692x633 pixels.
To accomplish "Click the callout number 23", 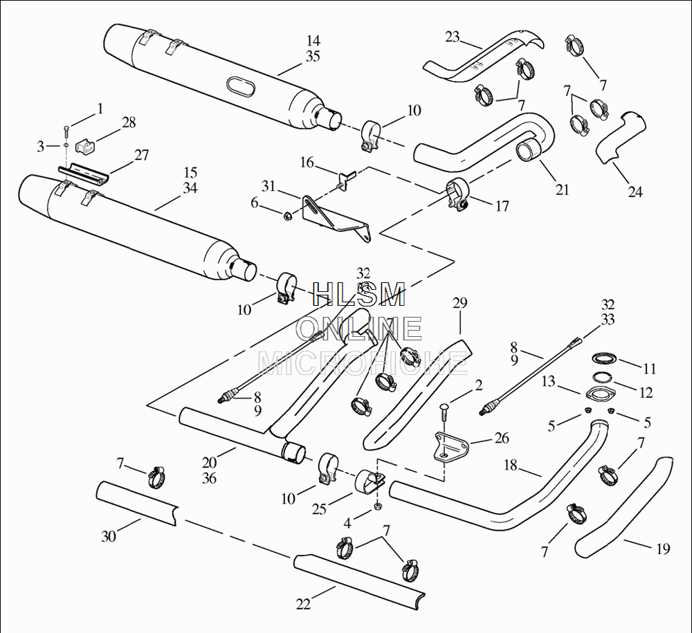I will point(453,37).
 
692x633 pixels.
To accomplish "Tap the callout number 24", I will point(635,192).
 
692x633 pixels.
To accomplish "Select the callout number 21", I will point(562,189).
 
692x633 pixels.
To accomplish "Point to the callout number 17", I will point(502,205).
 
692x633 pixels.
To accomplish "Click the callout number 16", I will point(307,163).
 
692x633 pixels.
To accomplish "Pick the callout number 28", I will point(129,122).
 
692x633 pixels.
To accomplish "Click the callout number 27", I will point(142,155).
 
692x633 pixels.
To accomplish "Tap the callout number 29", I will point(460,303).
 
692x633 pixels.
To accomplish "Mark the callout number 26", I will point(502,437).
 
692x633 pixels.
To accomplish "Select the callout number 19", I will point(663,549).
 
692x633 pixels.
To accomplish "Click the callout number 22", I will point(303,604).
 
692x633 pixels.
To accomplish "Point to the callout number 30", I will point(109,535).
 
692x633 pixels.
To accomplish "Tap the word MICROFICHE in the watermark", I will point(362,362).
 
